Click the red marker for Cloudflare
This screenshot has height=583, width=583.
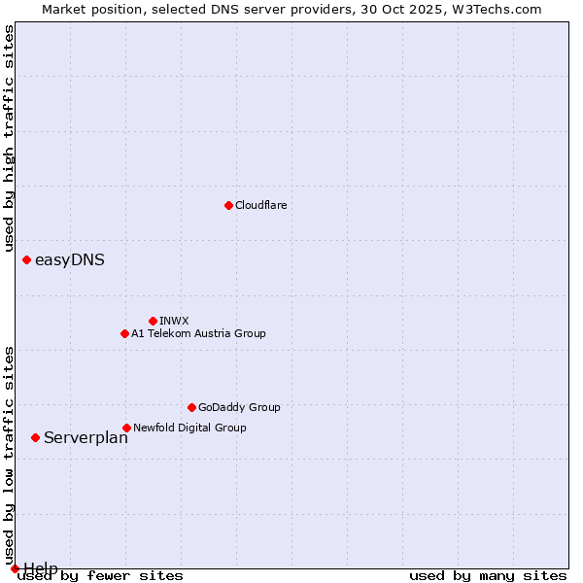coord(228,205)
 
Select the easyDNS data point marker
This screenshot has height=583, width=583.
coord(26,259)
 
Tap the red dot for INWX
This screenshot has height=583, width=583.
coord(153,321)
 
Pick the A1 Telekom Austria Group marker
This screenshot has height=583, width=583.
coord(124,333)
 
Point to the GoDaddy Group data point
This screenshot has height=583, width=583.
coord(191,407)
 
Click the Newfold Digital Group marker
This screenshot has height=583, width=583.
coord(126,428)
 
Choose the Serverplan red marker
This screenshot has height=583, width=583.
coord(35,437)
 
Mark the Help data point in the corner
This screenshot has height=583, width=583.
coord(15,568)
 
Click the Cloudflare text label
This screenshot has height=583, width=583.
coord(260,205)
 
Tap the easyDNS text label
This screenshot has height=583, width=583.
coord(70,259)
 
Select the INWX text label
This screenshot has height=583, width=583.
coord(174,321)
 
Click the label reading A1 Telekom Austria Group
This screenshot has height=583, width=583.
coord(198,333)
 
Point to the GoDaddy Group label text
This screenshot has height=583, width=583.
coord(239,407)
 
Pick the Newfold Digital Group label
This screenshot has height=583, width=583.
coord(189,428)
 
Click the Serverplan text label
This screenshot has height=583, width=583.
coord(86,437)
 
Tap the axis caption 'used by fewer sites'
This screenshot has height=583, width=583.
coord(101,575)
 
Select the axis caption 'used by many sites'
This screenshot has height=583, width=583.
coord(488,575)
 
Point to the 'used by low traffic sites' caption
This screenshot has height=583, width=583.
coord(9,448)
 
